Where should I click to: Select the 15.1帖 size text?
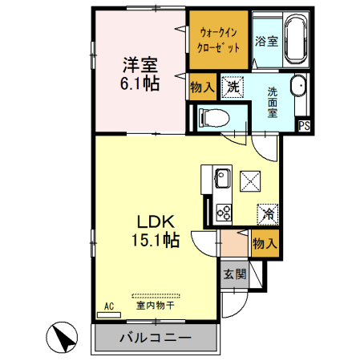point(155,240)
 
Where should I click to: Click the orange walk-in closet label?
point(218,39)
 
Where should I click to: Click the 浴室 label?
point(265,42)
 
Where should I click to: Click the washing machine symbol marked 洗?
point(232,84)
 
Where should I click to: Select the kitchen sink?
point(220,177)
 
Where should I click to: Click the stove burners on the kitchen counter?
point(221,211)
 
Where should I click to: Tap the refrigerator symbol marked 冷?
point(268,213)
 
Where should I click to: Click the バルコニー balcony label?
point(156,338)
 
